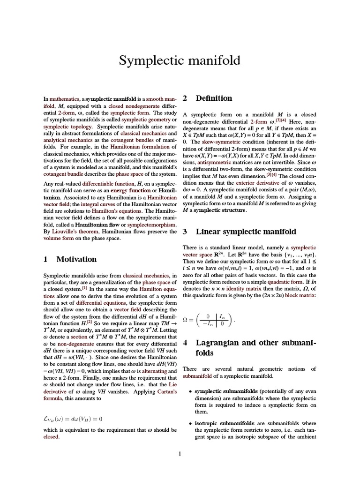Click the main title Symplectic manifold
(x=180, y=60)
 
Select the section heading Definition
(x=214, y=98)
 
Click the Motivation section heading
(x=76, y=259)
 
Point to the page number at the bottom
(x=180, y=453)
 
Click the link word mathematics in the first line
(x=64, y=99)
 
